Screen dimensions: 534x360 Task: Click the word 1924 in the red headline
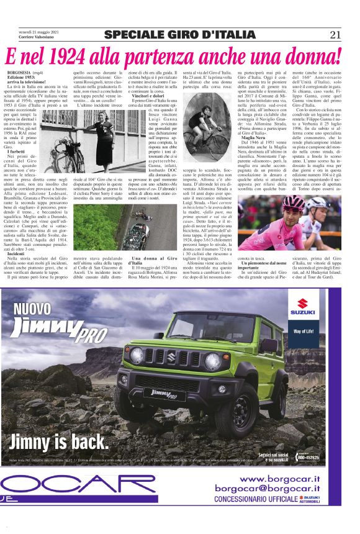pyautogui.click(x=74, y=58)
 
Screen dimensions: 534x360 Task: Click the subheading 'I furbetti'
pyautogui.click(x=16, y=152)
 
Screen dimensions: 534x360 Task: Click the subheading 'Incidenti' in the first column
pyautogui.click(x=17, y=255)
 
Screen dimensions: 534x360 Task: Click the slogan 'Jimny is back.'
pyautogui.click(x=59, y=441)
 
